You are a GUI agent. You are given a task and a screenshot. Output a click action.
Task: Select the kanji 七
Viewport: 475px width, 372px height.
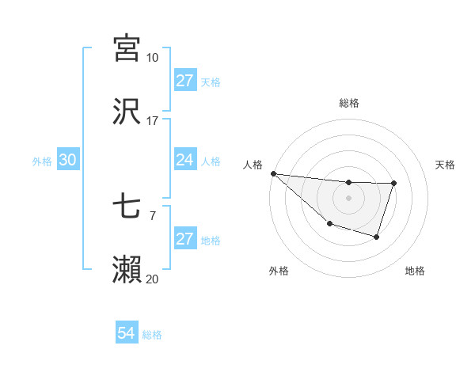coord(127,207)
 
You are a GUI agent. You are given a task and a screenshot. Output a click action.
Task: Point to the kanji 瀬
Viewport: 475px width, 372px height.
coord(127,270)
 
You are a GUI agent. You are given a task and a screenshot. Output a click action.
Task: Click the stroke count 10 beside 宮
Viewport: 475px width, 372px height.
coord(153,58)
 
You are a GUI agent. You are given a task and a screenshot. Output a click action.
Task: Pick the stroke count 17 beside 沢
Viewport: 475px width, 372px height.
coord(153,121)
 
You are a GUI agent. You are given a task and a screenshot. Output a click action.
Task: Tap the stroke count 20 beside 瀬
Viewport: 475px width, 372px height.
coord(153,279)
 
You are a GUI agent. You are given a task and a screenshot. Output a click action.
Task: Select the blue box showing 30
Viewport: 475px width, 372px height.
coord(68,160)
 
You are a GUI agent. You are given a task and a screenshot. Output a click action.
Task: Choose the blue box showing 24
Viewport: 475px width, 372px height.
coord(184,160)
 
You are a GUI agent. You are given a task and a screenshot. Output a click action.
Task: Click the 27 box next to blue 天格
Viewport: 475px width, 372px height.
coord(184,81)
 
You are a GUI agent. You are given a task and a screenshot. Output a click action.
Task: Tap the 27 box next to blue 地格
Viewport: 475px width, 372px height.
coord(184,239)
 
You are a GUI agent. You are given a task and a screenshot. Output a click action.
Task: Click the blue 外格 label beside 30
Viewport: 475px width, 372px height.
coord(42,161)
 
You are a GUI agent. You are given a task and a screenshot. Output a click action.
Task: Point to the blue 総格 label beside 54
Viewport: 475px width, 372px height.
coord(152,335)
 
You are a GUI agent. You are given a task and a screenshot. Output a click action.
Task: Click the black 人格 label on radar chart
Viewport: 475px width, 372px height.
coord(253,165)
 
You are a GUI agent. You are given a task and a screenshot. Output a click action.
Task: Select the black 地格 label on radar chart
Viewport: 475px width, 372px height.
coord(415,271)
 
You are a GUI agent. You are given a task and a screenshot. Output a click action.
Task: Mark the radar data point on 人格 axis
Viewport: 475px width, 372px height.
coord(273,173)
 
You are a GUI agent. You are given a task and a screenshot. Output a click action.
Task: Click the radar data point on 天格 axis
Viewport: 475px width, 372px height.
coord(393,184)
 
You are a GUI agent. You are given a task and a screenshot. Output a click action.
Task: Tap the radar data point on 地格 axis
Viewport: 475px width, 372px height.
coord(377,237)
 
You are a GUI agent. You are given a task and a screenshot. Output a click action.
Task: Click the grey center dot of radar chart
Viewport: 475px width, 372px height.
coord(348,198)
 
